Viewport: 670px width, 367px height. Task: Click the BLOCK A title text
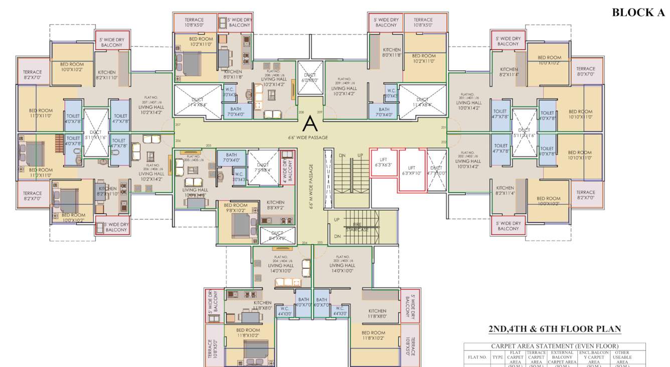(638, 13)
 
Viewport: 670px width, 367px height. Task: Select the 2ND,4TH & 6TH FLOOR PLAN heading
(555, 329)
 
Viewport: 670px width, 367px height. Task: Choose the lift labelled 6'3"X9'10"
(412, 171)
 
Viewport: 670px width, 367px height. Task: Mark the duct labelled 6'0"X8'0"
(309, 78)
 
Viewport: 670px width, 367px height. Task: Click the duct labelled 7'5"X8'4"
(263, 167)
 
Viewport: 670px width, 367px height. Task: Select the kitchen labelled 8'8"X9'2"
(275, 205)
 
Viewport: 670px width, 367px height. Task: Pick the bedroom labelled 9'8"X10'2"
(235, 208)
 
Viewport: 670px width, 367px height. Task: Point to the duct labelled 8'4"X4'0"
(277, 236)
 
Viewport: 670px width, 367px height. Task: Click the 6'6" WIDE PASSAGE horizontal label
(308, 137)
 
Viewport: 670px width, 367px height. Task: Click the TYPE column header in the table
(497, 357)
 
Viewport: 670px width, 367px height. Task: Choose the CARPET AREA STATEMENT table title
(554, 346)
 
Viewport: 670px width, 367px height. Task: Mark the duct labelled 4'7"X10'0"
(436, 170)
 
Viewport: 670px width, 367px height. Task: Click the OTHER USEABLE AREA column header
(622, 357)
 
